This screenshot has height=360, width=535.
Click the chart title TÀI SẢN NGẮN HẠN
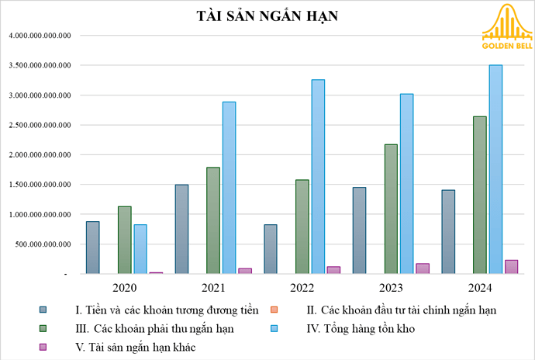(x=267, y=16)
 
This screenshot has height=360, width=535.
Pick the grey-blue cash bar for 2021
(x=181, y=229)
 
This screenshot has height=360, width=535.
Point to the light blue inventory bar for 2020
(x=140, y=249)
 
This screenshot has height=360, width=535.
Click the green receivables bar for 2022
(x=302, y=227)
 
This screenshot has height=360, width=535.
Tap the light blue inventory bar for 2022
(x=318, y=177)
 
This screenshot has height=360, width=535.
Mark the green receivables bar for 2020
(x=124, y=240)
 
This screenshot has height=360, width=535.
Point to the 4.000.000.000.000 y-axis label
(x=40, y=36)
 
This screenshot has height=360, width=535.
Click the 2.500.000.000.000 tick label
(x=40, y=125)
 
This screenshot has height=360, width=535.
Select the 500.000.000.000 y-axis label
(x=46, y=244)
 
